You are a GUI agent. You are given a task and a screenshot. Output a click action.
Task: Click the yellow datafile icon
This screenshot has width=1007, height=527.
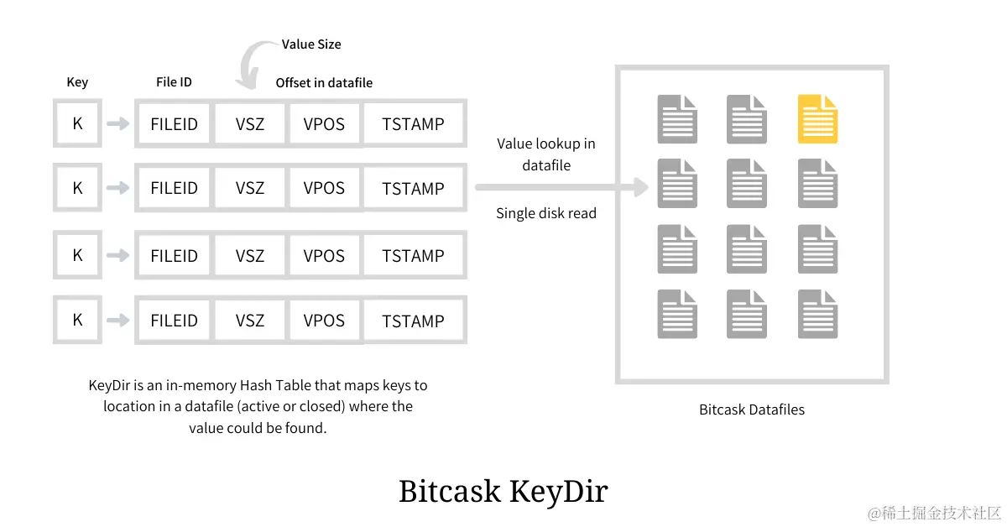pyautogui.click(x=817, y=119)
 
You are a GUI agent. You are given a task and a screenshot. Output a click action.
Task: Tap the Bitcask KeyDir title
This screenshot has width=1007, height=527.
pyautogui.click(x=503, y=491)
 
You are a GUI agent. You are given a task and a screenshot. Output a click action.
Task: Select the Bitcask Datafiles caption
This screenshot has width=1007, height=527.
pyautogui.click(x=751, y=410)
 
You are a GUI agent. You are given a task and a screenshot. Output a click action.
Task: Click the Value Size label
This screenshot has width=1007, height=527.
pyautogui.click(x=311, y=44)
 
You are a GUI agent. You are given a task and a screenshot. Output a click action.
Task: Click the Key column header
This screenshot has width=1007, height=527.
pyautogui.click(x=77, y=82)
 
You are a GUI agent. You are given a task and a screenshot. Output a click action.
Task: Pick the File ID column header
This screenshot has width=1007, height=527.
pyautogui.click(x=174, y=82)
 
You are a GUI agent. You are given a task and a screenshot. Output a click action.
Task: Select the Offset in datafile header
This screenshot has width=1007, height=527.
pyautogui.click(x=324, y=83)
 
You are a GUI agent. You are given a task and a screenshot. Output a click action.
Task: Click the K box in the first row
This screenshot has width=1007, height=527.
pyautogui.click(x=77, y=123)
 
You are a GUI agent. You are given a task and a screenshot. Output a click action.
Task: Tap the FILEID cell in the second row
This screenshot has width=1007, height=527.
pyautogui.click(x=175, y=189)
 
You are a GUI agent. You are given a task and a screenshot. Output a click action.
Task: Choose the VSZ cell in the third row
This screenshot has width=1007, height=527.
pyautogui.click(x=250, y=256)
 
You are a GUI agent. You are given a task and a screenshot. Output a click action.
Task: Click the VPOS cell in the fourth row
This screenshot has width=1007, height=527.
pyautogui.click(x=324, y=321)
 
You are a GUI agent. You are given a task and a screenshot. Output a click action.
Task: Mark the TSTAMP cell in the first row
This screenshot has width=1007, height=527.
pyautogui.click(x=413, y=124)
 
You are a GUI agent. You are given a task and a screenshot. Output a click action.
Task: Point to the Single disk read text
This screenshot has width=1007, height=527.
pyautogui.click(x=546, y=213)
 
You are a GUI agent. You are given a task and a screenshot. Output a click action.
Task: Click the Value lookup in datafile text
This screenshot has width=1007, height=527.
pyautogui.click(x=546, y=154)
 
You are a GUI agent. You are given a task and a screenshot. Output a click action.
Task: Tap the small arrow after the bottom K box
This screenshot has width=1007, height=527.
pyautogui.click(x=118, y=321)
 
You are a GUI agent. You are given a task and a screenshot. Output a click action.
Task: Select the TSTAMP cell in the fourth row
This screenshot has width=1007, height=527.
pyautogui.click(x=413, y=321)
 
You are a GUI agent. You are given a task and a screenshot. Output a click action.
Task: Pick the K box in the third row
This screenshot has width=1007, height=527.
pyautogui.click(x=77, y=256)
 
